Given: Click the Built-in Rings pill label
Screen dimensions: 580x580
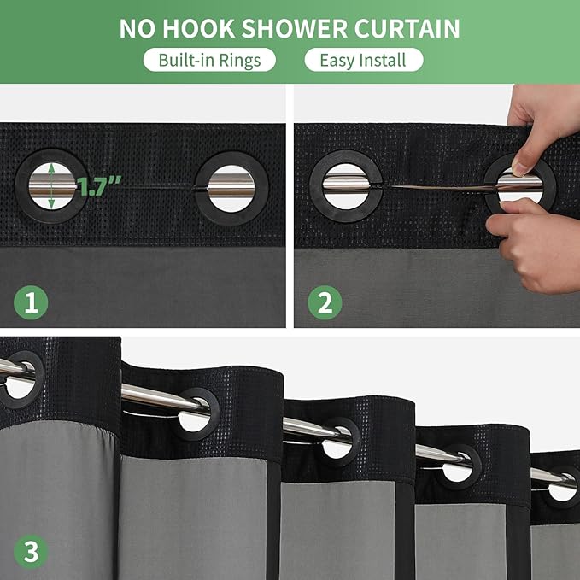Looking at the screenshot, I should (209, 60).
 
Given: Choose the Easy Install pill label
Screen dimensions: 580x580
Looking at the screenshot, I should (363, 60).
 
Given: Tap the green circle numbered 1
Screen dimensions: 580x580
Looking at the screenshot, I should (31, 302).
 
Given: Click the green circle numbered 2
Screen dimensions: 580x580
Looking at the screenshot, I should (325, 302).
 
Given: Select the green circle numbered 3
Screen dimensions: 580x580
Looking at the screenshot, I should (31, 551).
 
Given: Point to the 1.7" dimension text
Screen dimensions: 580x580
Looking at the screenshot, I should (99, 187).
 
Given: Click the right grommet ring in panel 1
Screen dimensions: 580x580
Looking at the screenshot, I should (231, 187).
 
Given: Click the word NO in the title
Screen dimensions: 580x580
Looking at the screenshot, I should (138, 28).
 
